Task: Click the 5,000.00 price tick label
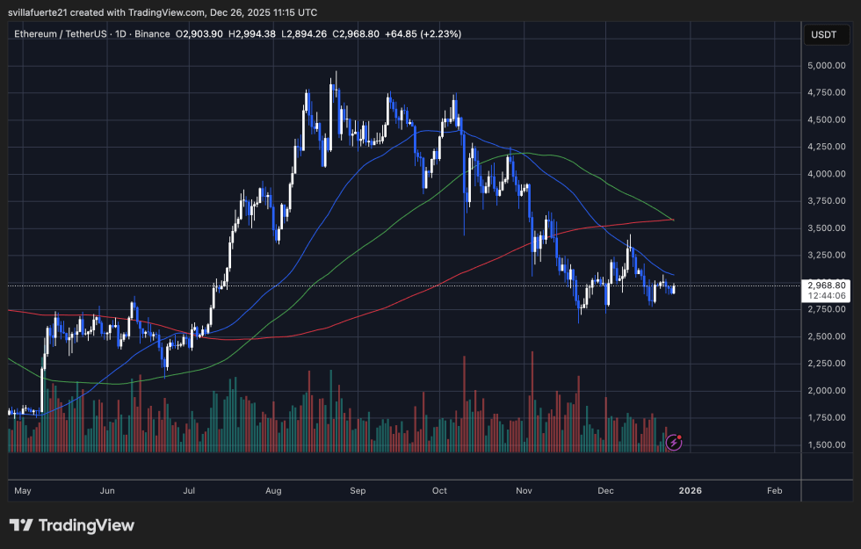click(825, 65)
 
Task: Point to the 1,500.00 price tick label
click(825, 445)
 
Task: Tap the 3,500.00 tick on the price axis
click(825, 228)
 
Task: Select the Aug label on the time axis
click(273, 491)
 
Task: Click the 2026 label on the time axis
click(691, 491)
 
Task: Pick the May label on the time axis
click(24, 491)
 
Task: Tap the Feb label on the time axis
click(774, 491)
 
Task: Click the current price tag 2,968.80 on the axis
click(825, 285)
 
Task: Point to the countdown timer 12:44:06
click(825, 296)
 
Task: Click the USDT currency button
click(824, 35)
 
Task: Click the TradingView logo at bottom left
click(72, 525)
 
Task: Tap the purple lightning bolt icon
click(674, 442)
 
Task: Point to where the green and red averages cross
click(672, 220)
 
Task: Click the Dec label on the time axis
click(606, 491)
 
